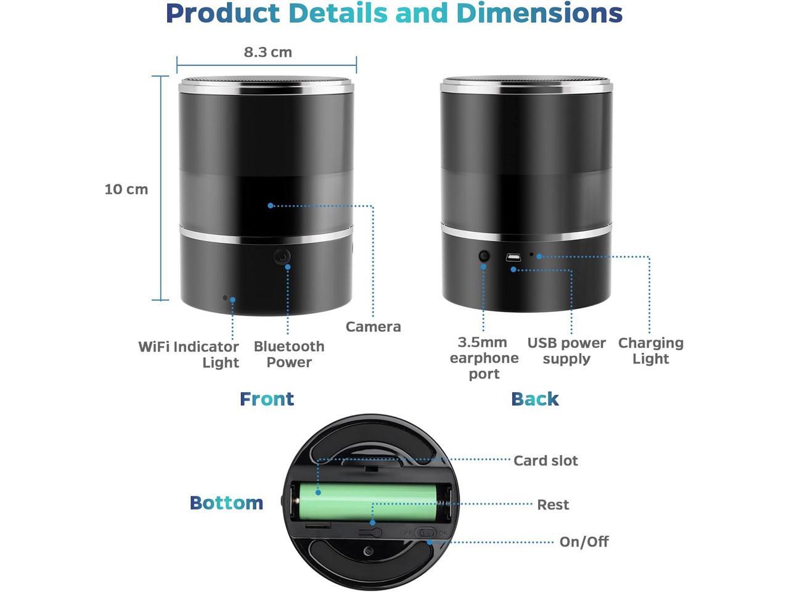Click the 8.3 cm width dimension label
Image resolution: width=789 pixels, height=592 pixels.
pyautogui.click(x=268, y=52)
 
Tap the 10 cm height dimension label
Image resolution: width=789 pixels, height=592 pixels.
pyautogui.click(x=126, y=189)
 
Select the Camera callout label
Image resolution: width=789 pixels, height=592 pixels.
pyautogui.click(x=373, y=327)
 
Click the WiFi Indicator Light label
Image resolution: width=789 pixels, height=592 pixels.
pyautogui.click(x=189, y=355)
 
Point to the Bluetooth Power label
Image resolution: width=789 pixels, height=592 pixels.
pyautogui.click(x=288, y=355)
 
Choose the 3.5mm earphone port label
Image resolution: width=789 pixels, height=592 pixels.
pyautogui.click(x=484, y=358)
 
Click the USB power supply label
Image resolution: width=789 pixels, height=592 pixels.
pyautogui.click(x=566, y=351)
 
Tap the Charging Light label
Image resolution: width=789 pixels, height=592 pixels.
pyautogui.click(x=650, y=351)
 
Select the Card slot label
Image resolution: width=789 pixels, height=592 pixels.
pyautogui.click(x=546, y=461)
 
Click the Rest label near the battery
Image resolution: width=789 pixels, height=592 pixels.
pyautogui.click(x=553, y=505)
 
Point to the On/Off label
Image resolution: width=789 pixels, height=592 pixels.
pyautogui.click(x=584, y=542)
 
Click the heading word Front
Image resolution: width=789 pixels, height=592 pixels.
pyautogui.click(x=266, y=399)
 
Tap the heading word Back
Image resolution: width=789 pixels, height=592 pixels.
pyautogui.click(x=534, y=399)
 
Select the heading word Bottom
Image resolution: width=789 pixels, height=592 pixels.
pyautogui.click(x=226, y=503)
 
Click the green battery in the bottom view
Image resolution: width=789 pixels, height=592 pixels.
pyautogui.click(x=370, y=501)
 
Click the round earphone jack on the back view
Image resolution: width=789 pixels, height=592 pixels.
pyautogui.click(x=484, y=255)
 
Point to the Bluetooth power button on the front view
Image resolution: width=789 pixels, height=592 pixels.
pyautogui.click(x=282, y=257)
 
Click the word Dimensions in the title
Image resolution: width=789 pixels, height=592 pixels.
pyautogui.click(x=539, y=14)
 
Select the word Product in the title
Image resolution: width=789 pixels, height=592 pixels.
pyautogui.click(x=223, y=14)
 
